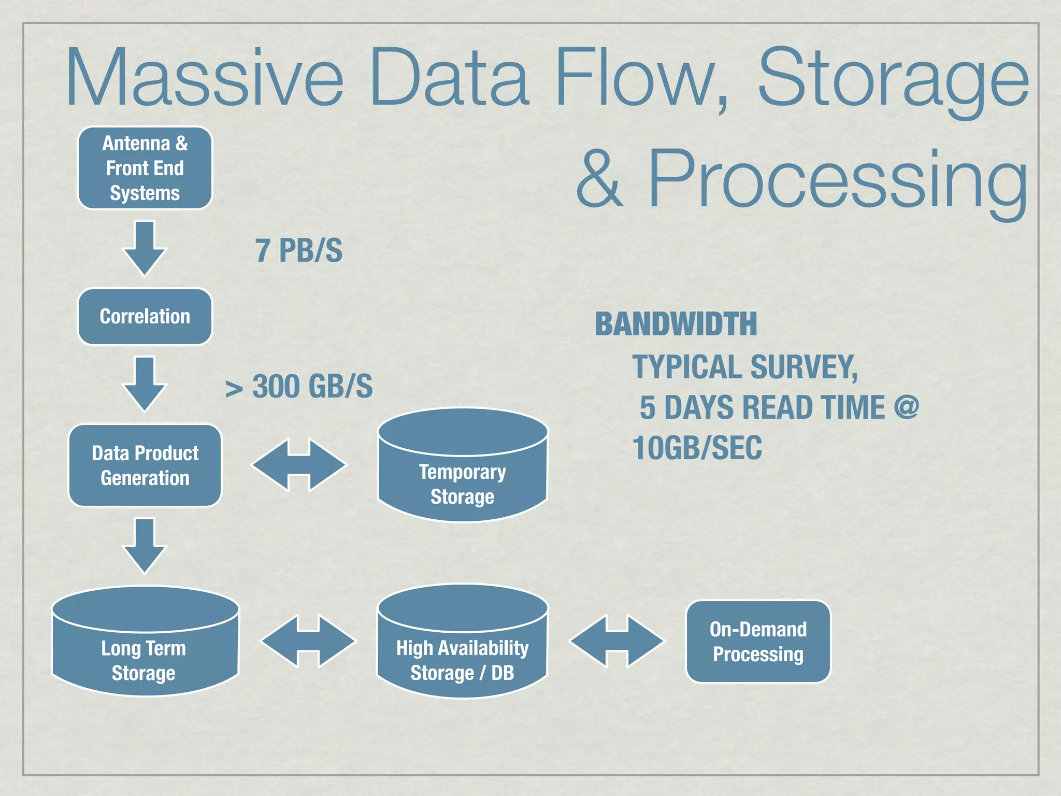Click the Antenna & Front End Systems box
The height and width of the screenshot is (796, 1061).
point(145,168)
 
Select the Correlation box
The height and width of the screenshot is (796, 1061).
point(145,317)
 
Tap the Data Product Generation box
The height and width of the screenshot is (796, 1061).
point(145,465)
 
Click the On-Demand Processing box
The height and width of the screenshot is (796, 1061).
point(758,642)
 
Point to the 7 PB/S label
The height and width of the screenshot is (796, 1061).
point(298,251)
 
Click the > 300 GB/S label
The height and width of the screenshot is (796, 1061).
point(299,387)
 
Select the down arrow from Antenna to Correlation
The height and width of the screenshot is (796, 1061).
point(145,247)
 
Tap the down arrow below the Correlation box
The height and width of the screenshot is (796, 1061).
point(145,383)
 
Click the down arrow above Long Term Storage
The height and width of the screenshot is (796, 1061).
point(145,545)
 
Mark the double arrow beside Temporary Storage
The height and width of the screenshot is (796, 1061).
point(299,465)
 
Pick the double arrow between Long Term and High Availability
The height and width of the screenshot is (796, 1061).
point(308,641)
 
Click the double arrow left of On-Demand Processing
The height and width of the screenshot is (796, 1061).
point(616,641)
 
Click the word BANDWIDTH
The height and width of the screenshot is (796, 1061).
point(676,324)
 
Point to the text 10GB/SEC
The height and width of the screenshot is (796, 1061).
point(697,448)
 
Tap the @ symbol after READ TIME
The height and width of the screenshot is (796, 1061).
point(906,407)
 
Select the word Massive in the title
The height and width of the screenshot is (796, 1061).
point(205,78)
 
